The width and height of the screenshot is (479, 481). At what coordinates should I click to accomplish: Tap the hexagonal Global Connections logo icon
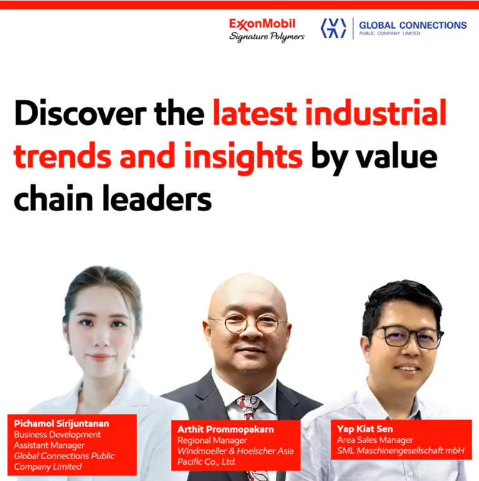[x=333, y=28]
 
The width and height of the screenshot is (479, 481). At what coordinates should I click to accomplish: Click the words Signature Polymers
[x=266, y=37]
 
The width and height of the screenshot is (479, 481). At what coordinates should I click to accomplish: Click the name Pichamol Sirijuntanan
[x=61, y=424]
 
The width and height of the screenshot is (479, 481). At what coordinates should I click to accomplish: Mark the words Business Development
[x=57, y=435]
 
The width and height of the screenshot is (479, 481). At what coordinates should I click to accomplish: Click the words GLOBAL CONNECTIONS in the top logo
[x=412, y=25]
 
